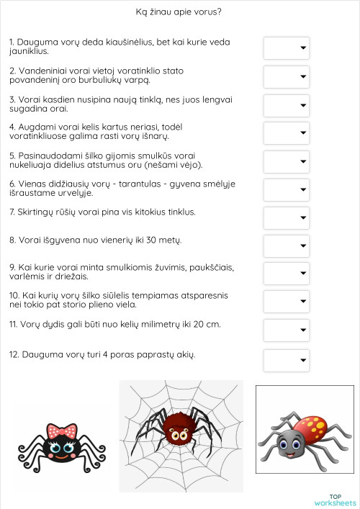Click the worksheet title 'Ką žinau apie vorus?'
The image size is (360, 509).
point(179,12)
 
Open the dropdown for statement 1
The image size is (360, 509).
point(286,48)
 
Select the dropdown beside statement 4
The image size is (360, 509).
point(286,133)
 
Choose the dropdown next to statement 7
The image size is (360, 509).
point(286,217)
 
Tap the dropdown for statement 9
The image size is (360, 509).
point(286,274)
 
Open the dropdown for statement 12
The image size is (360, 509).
point(286,359)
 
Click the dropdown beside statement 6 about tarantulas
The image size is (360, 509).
point(286,189)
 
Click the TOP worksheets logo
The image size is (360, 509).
point(336,499)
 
